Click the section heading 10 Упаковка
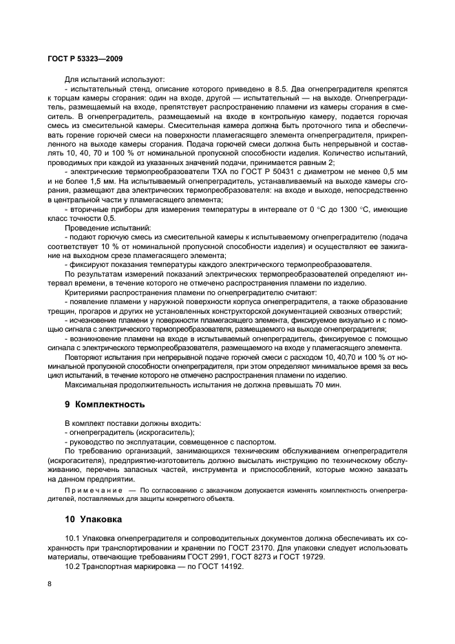pyautogui.click(x=85, y=516)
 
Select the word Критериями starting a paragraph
pyautogui.click(x=88, y=292)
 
